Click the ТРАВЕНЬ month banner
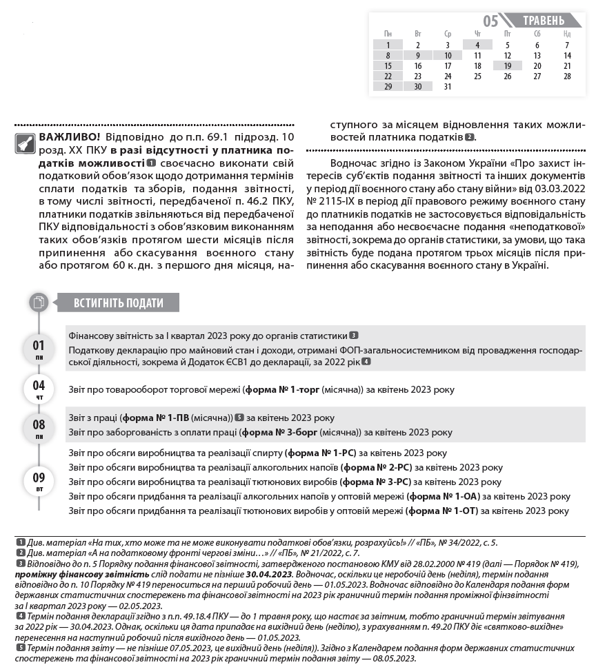[x=543, y=21]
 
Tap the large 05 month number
[x=490, y=21]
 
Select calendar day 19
[x=507, y=66]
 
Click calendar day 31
[x=448, y=87]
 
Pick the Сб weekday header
[x=537, y=34]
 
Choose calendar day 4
[x=477, y=45]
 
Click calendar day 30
[x=417, y=87]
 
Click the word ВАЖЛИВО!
[x=70, y=136]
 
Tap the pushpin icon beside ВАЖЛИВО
[x=25, y=143]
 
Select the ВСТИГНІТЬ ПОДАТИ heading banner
[x=119, y=302]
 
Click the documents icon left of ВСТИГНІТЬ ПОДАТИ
[x=39, y=302]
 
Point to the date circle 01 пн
[x=39, y=349]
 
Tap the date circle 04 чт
[x=39, y=389]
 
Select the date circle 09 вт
[x=39, y=480]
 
